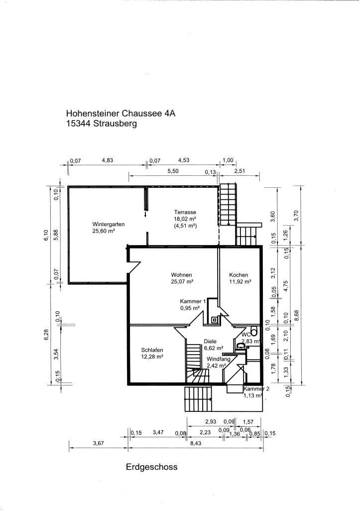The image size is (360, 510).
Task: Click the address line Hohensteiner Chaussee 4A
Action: (x=120, y=114)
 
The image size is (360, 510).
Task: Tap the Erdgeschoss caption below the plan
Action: (x=152, y=467)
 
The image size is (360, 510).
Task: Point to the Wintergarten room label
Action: (x=108, y=224)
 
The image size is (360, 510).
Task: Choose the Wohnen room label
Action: (x=181, y=275)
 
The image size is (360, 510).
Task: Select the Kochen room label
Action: (x=239, y=275)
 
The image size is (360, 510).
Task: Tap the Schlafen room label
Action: (x=152, y=350)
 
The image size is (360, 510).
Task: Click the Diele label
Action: (x=211, y=341)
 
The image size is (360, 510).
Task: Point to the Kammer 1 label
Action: (x=193, y=301)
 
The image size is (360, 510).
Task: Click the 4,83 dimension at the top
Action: (x=108, y=160)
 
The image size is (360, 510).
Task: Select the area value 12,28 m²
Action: (x=152, y=357)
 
